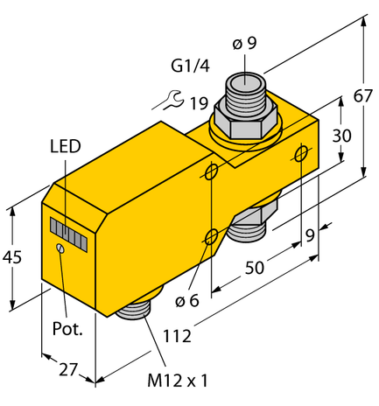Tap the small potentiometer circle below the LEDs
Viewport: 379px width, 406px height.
coord(60,250)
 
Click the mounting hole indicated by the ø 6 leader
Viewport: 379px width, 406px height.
coord(211,235)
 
